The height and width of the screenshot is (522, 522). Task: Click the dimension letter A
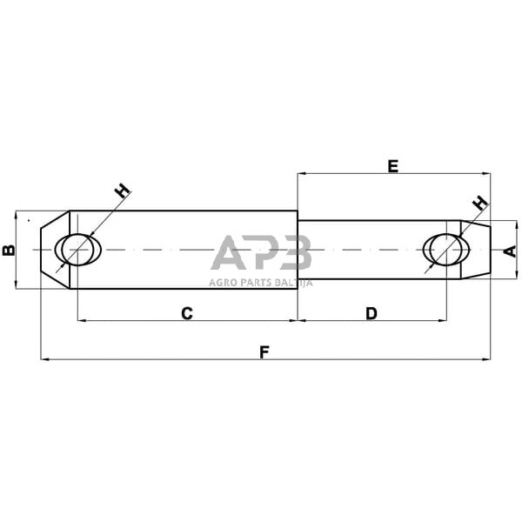[x=510, y=251]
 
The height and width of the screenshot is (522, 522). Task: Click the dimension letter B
[x=8, y=251]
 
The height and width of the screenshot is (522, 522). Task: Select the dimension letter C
[x=186, y=312]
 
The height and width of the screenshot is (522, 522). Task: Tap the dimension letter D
[x=371, y=312]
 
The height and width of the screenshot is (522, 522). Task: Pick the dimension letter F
[x=264, y=351]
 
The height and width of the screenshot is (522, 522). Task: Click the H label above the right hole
[x=478, y=204]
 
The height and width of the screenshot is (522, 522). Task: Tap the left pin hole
[x=78, y=250]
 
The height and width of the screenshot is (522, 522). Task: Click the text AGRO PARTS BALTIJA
[x=261, y=281]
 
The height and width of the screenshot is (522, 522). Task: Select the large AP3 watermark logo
[x=261, y=254]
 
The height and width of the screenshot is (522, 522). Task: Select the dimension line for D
[x=331, y=320]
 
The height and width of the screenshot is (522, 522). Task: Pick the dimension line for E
[x=348, y=174]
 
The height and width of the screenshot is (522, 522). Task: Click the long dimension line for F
[x=174, y=358]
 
